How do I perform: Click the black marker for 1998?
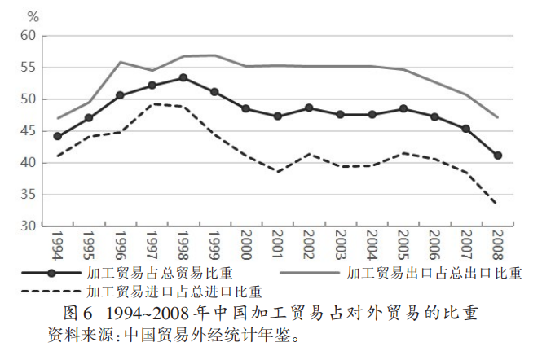click(x=183, y=78)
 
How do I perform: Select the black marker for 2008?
click(x=497, y=156)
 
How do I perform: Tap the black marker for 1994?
click(x=57, y=136)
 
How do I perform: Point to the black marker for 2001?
click(x=278, y=116)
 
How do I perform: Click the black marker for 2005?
click(x=403, y=109)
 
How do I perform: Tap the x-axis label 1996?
click(x=121, y=244)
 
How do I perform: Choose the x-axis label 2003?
click(x=341, y=244)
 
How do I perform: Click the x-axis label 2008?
click(x=498, y=244)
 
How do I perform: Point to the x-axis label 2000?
click(x=246, y=244)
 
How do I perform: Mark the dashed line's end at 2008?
click(x=497, y=204)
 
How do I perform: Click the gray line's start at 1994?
click(x=57, y=119)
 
